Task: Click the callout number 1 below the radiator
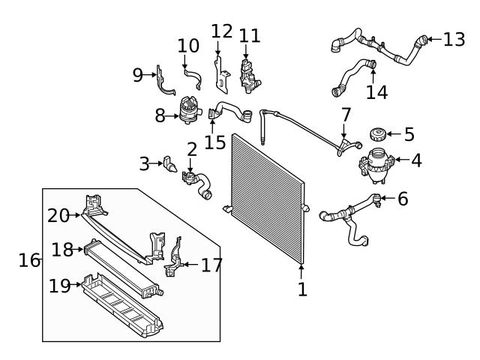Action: coord(301,289)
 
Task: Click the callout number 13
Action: coord(454,39)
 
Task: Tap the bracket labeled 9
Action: coord(166,84)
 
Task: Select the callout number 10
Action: coord(188,46)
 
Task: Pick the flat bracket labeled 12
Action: coord(220,72)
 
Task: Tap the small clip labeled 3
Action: coord(169,162)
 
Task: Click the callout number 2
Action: coord(192,149)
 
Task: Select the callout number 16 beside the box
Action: coord(28,260)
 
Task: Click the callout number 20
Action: coord(58,215)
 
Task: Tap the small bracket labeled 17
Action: coord(173,258)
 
